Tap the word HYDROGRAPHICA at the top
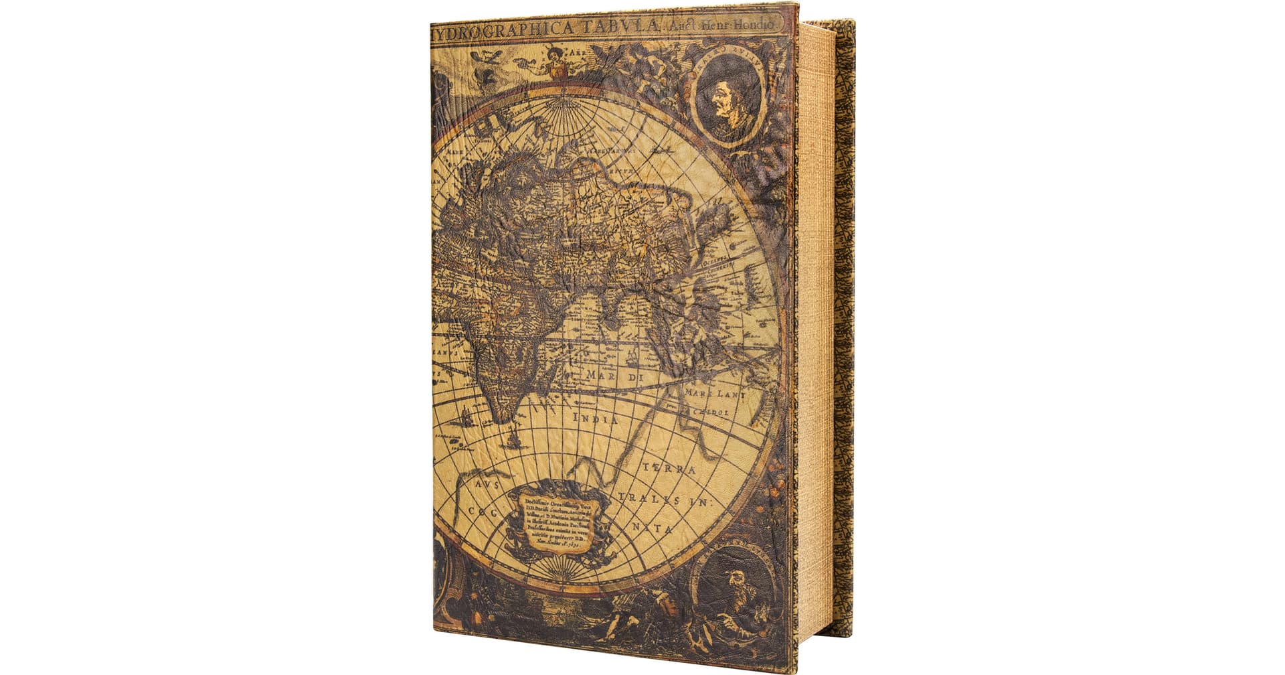pos(502,29)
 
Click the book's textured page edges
pos(815,335)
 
